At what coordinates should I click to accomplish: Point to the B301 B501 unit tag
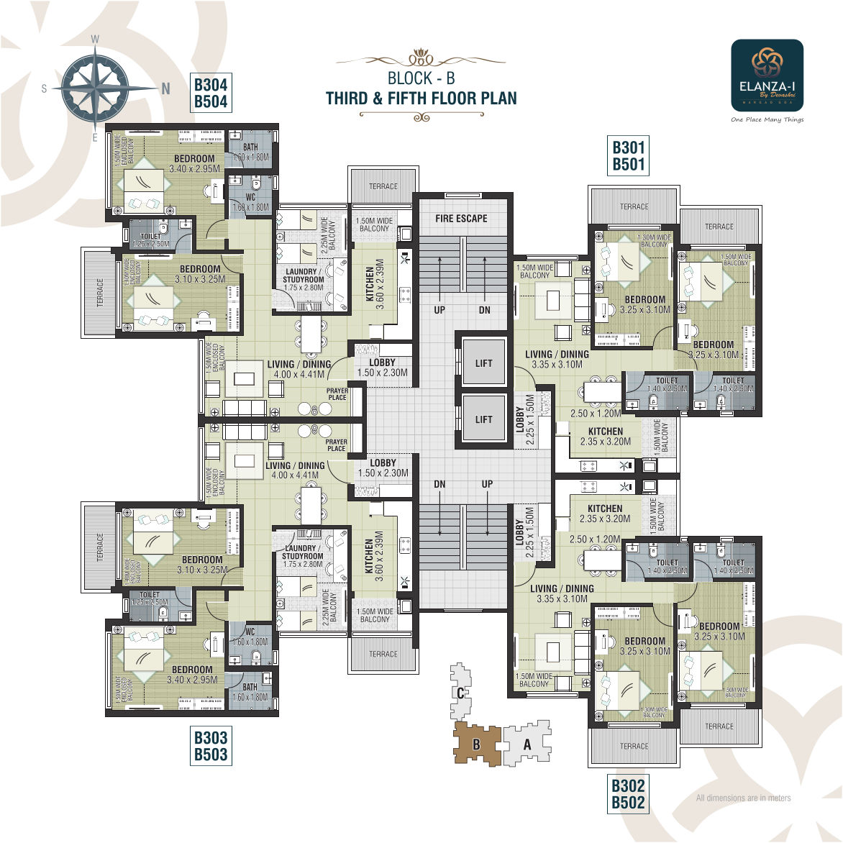(x=628, y=156)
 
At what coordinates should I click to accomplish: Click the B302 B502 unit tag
(x=628, y=794)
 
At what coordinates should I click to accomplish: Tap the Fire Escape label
(x=461, y=218)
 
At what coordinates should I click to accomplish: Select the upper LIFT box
(x=483, y=363)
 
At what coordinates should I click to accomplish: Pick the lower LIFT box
(x=483, y=419)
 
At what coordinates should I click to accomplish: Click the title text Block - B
(x=421, y=78)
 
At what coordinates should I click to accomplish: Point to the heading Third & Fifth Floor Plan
(x=421, y=99)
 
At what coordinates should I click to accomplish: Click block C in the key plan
(x=460, y=692)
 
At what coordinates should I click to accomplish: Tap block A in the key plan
(x=527, y=745)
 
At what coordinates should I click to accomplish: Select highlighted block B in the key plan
(x=476, y=744)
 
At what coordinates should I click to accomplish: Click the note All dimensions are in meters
(x=743, y=798)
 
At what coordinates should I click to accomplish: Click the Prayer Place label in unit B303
(x=336, y=445)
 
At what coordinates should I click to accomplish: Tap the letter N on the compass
(x=166, y=88)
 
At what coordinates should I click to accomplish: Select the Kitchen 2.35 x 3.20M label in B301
(x=606, y=437)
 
